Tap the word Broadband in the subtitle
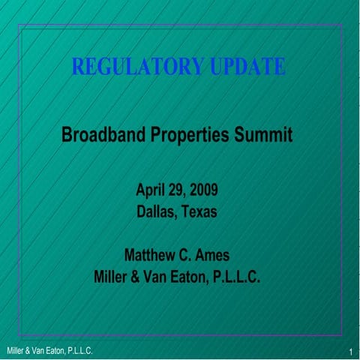[x=102, y=136]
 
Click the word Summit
[x=262, y=136]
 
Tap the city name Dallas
[x=156, y=211]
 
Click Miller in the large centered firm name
[x=113, y=277]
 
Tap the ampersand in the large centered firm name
[x=142, y=277]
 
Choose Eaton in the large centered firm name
[x=198, y=277]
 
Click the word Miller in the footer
[x=14, y=351]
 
